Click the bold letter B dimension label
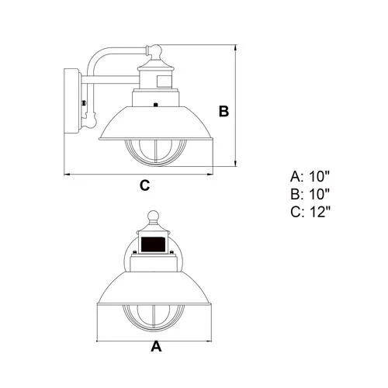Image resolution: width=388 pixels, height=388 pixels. coord(223,111)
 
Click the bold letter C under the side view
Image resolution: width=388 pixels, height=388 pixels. coord(145,185)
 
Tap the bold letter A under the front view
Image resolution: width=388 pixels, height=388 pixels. coord(156,346)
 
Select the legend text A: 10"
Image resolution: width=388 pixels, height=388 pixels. coord(310,177)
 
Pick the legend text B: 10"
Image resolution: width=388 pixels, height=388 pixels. coord(310,194)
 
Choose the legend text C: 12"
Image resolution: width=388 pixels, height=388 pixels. coord(310,212)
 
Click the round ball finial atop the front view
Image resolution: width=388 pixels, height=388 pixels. coord(153,217)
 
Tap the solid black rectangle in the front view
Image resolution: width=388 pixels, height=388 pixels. coord(153,244)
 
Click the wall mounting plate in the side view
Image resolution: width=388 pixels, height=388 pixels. coord(71,101)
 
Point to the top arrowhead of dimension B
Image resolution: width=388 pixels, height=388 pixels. coord(235,47)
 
